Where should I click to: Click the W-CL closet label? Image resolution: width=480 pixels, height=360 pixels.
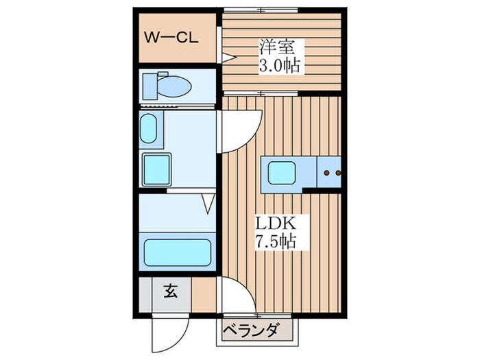(x=171, y=37)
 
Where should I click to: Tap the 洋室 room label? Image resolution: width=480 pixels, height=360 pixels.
(x=276, y=49)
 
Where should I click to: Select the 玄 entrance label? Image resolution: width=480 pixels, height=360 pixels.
(x=170, y=291)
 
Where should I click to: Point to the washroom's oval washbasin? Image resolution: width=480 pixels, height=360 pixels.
(x=149, y=128)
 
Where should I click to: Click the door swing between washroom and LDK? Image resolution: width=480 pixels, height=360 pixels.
(x=240, y=130)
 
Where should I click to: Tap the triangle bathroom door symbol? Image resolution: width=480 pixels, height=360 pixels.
(x=208, y=202)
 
